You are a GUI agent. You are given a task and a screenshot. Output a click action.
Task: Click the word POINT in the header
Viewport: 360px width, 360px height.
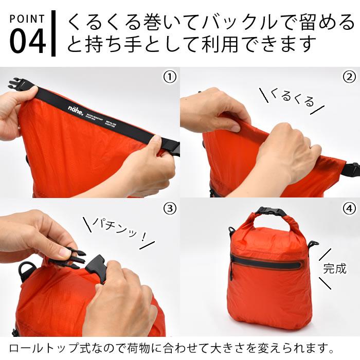coord(27,19)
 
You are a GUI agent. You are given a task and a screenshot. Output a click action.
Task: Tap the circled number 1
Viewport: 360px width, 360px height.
coord(169,77)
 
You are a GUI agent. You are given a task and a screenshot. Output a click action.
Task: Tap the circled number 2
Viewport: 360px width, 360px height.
coord(349,77)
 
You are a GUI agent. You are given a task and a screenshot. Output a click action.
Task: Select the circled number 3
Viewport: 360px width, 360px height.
coord(169,209)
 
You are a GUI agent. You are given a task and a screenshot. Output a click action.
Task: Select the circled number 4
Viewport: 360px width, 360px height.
coord(349,209)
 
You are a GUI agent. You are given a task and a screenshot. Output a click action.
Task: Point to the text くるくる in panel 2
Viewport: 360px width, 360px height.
coord(292,97)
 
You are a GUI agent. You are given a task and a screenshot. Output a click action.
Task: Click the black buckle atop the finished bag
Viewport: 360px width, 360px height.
coord(269,212)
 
